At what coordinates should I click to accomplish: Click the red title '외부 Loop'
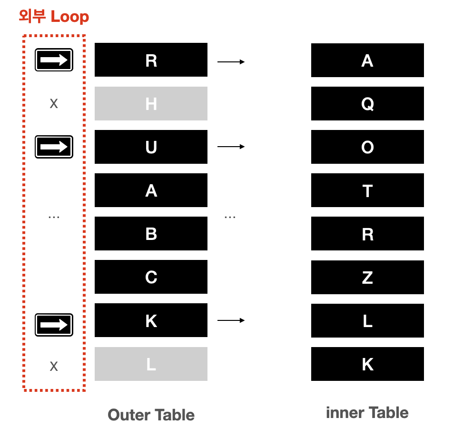coord(54,17)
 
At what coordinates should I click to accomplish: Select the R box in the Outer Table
coord(151,60)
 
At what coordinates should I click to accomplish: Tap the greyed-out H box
coord(151,103)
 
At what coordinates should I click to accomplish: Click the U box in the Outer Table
coord(151,147)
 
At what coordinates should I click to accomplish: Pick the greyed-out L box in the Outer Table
coord(151,364)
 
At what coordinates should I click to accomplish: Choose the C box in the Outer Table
coord(151,277)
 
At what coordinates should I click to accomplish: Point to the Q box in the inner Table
coord(367,103)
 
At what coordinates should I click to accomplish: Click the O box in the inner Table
coord(367,147)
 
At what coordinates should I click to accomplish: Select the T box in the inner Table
coord(367,190)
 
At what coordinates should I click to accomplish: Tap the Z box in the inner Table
coord(367,277)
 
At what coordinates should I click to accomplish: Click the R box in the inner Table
coord(367,234)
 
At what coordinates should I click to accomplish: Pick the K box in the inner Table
coord(367,364)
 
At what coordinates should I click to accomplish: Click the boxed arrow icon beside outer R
coord(54,60)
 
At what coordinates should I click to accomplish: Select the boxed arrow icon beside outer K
coord(54,325)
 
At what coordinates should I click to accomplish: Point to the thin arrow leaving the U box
coord(231,147)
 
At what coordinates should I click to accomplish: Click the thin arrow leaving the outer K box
coord(231,320)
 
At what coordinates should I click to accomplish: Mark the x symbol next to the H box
coord(54,103)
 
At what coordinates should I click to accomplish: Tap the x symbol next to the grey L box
coord(54,366)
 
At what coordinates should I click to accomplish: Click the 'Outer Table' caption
coord(151,415)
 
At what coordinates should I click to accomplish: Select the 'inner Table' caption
coord(367,412)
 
